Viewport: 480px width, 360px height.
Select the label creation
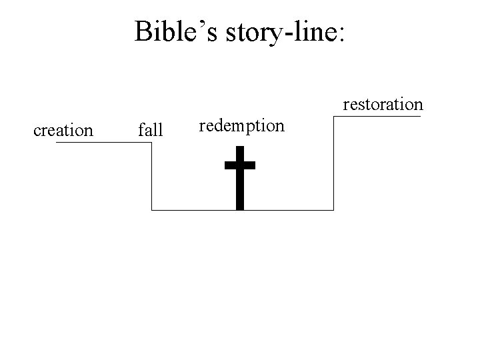pos(63,130)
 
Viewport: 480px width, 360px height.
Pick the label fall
pos(150,130)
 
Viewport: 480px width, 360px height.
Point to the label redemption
pos(242,125)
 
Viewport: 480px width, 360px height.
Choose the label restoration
pos(383,104)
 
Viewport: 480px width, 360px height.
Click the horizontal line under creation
pos(103,143)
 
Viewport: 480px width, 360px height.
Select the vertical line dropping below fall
pos(152,177)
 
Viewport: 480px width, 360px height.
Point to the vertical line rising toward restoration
pos(333,163)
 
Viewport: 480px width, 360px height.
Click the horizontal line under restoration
pos(377,117)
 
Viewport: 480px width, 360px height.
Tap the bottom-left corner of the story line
pos(152,210)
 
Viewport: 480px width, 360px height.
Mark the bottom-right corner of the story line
pos(333,210)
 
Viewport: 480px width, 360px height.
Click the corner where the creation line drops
pos(152,143)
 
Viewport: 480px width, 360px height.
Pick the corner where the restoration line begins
pos(333,117)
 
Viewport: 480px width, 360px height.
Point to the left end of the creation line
pos(57,143)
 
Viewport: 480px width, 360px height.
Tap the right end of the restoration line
pos(421,117)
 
